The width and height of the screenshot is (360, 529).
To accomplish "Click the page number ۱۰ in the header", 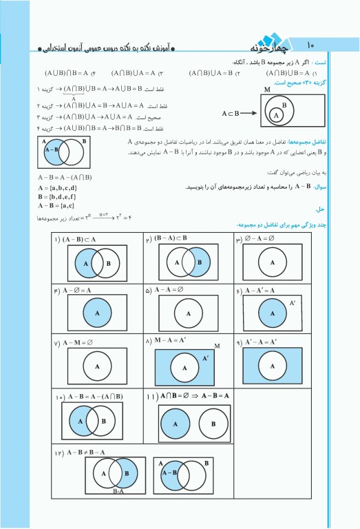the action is pos(310,43).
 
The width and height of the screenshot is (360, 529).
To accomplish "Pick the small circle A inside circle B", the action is pos(276,116).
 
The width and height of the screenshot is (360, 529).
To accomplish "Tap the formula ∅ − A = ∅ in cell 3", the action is pos(264,239).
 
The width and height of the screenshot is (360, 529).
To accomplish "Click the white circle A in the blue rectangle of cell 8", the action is pos(184,368).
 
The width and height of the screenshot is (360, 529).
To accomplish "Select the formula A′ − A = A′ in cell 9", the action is pos(265,342).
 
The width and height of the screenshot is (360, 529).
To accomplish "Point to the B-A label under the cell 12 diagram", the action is pos(118,492).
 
